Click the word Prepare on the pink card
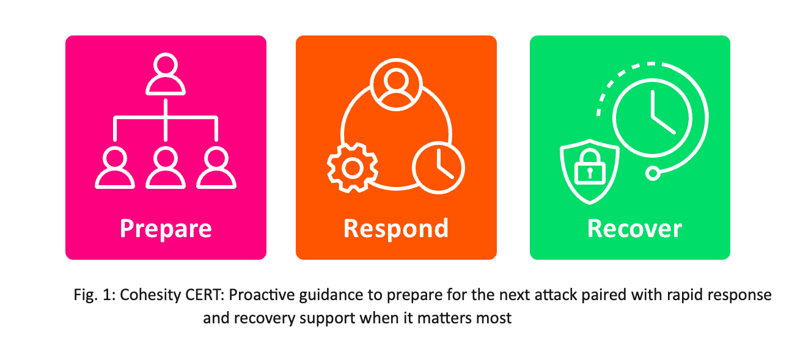[x=166, y=229]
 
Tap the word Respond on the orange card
[x=396, y=229]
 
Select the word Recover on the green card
[x=634, y=229]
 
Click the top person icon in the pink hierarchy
[x=165, y=74]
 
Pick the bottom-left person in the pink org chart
[x=115, y=167]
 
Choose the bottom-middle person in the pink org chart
[x=165, y=167]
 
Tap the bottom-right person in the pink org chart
[x=216, y=167]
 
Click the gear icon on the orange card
[x=353, y=168]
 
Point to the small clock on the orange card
[x=438, y=168]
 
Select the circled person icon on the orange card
[x=396, y=84]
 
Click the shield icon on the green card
[x=590, y=171]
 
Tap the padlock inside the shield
[x=590, y=167]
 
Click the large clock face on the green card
[x=653, y=118]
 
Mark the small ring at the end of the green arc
[x=653, y=174]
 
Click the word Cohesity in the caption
[x=150, y=295]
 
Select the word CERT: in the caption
[x=205, y=295]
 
